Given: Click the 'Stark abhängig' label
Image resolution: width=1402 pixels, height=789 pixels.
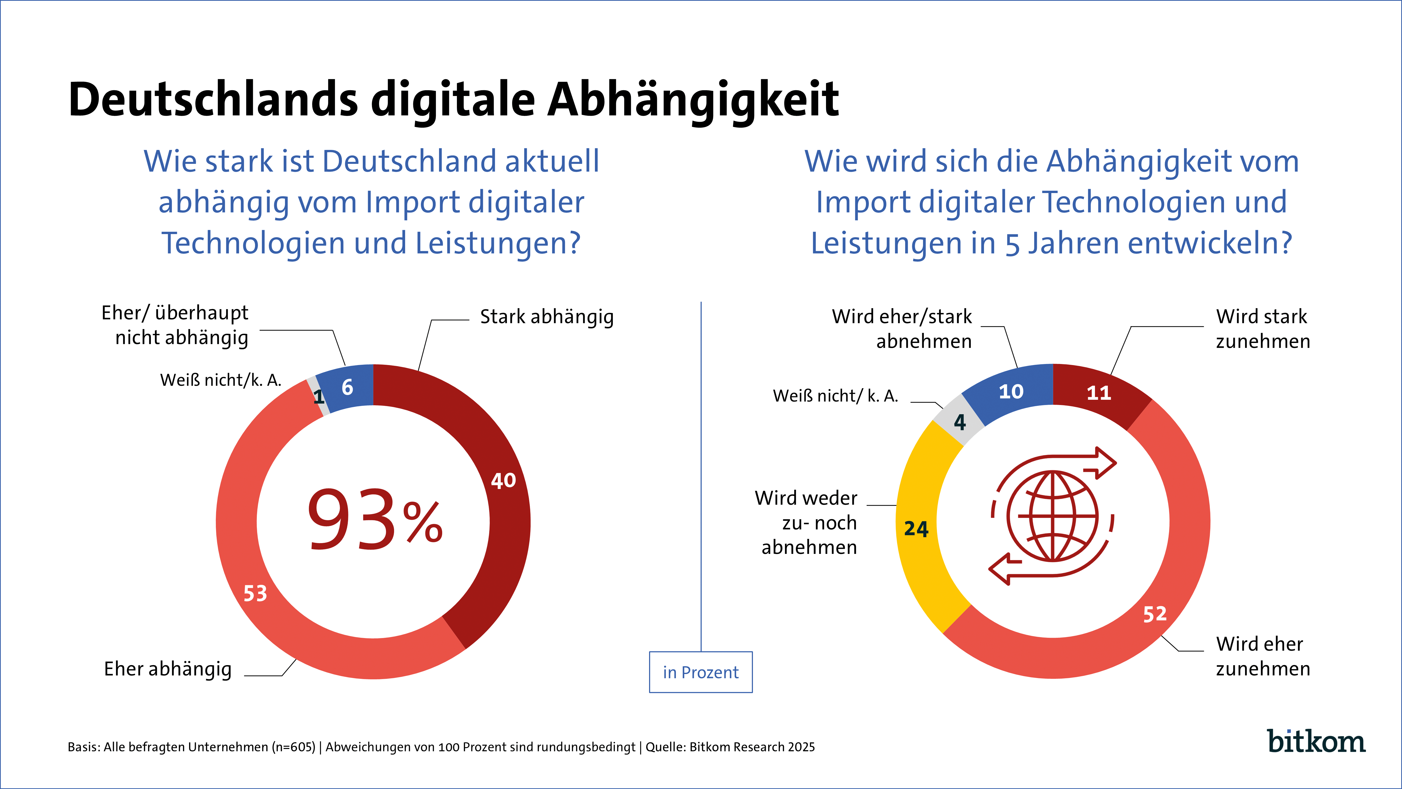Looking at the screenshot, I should point(547,316).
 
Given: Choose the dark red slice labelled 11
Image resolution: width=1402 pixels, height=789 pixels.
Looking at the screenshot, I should point(1098,393).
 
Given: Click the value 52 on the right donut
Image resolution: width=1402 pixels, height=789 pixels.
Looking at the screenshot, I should point(1154,614).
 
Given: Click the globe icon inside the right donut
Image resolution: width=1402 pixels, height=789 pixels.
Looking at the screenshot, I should point(1053,516).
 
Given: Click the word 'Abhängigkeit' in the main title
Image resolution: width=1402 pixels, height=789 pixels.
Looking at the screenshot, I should point(693,100).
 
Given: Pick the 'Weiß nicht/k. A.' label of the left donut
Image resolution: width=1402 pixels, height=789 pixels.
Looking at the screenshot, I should point(220,380).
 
